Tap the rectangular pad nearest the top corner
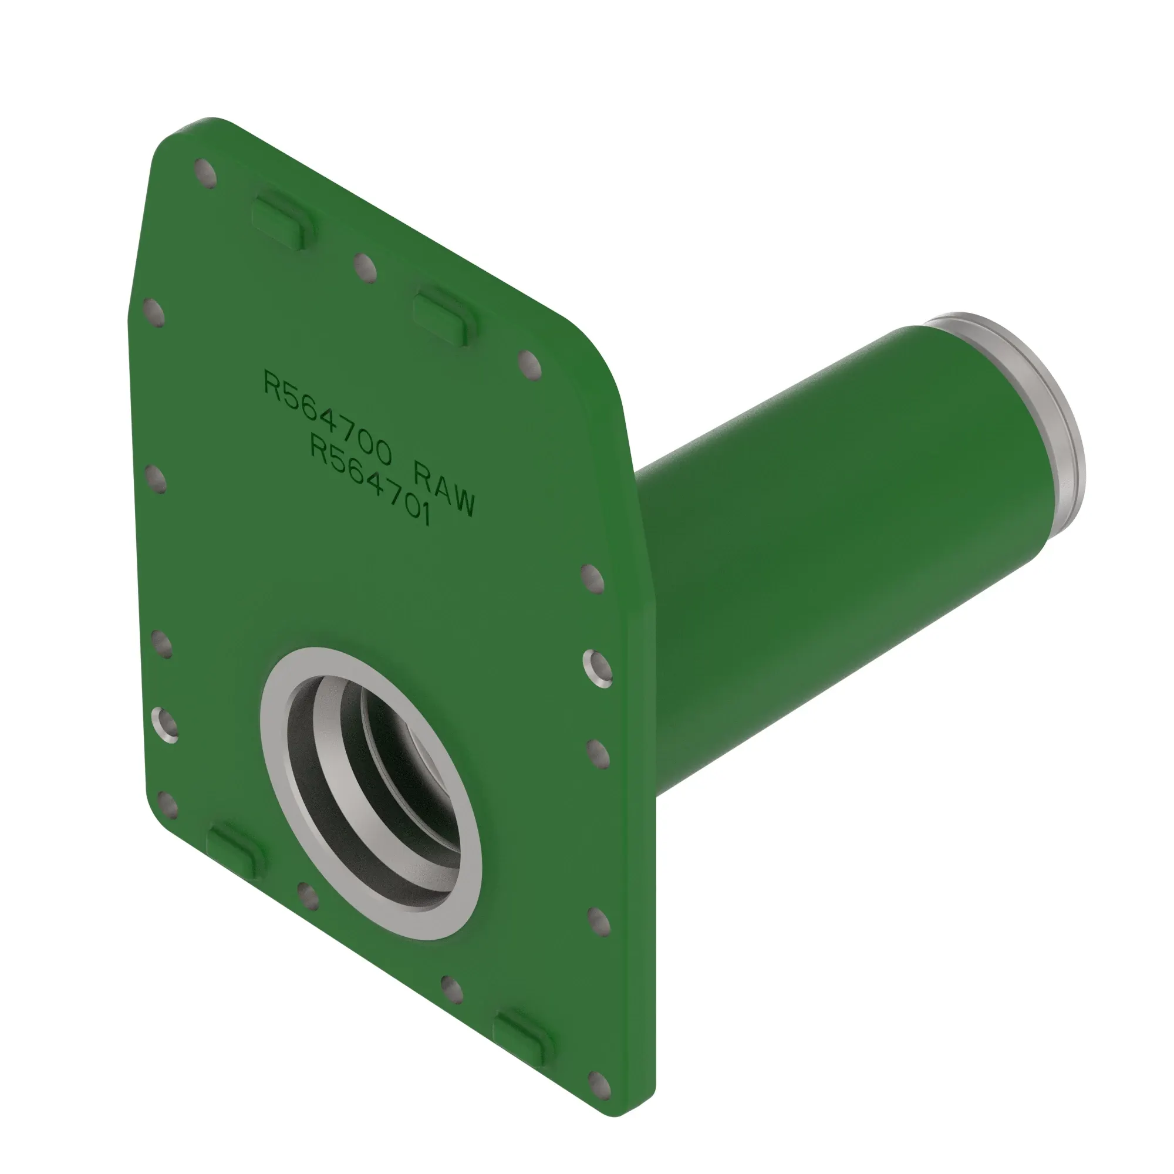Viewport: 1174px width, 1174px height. [284, 220]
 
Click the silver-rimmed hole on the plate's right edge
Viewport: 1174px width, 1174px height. [598, 669]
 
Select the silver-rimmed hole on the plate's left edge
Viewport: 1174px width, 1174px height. [165, 724]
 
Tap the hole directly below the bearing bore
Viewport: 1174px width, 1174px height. [309, 896]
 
